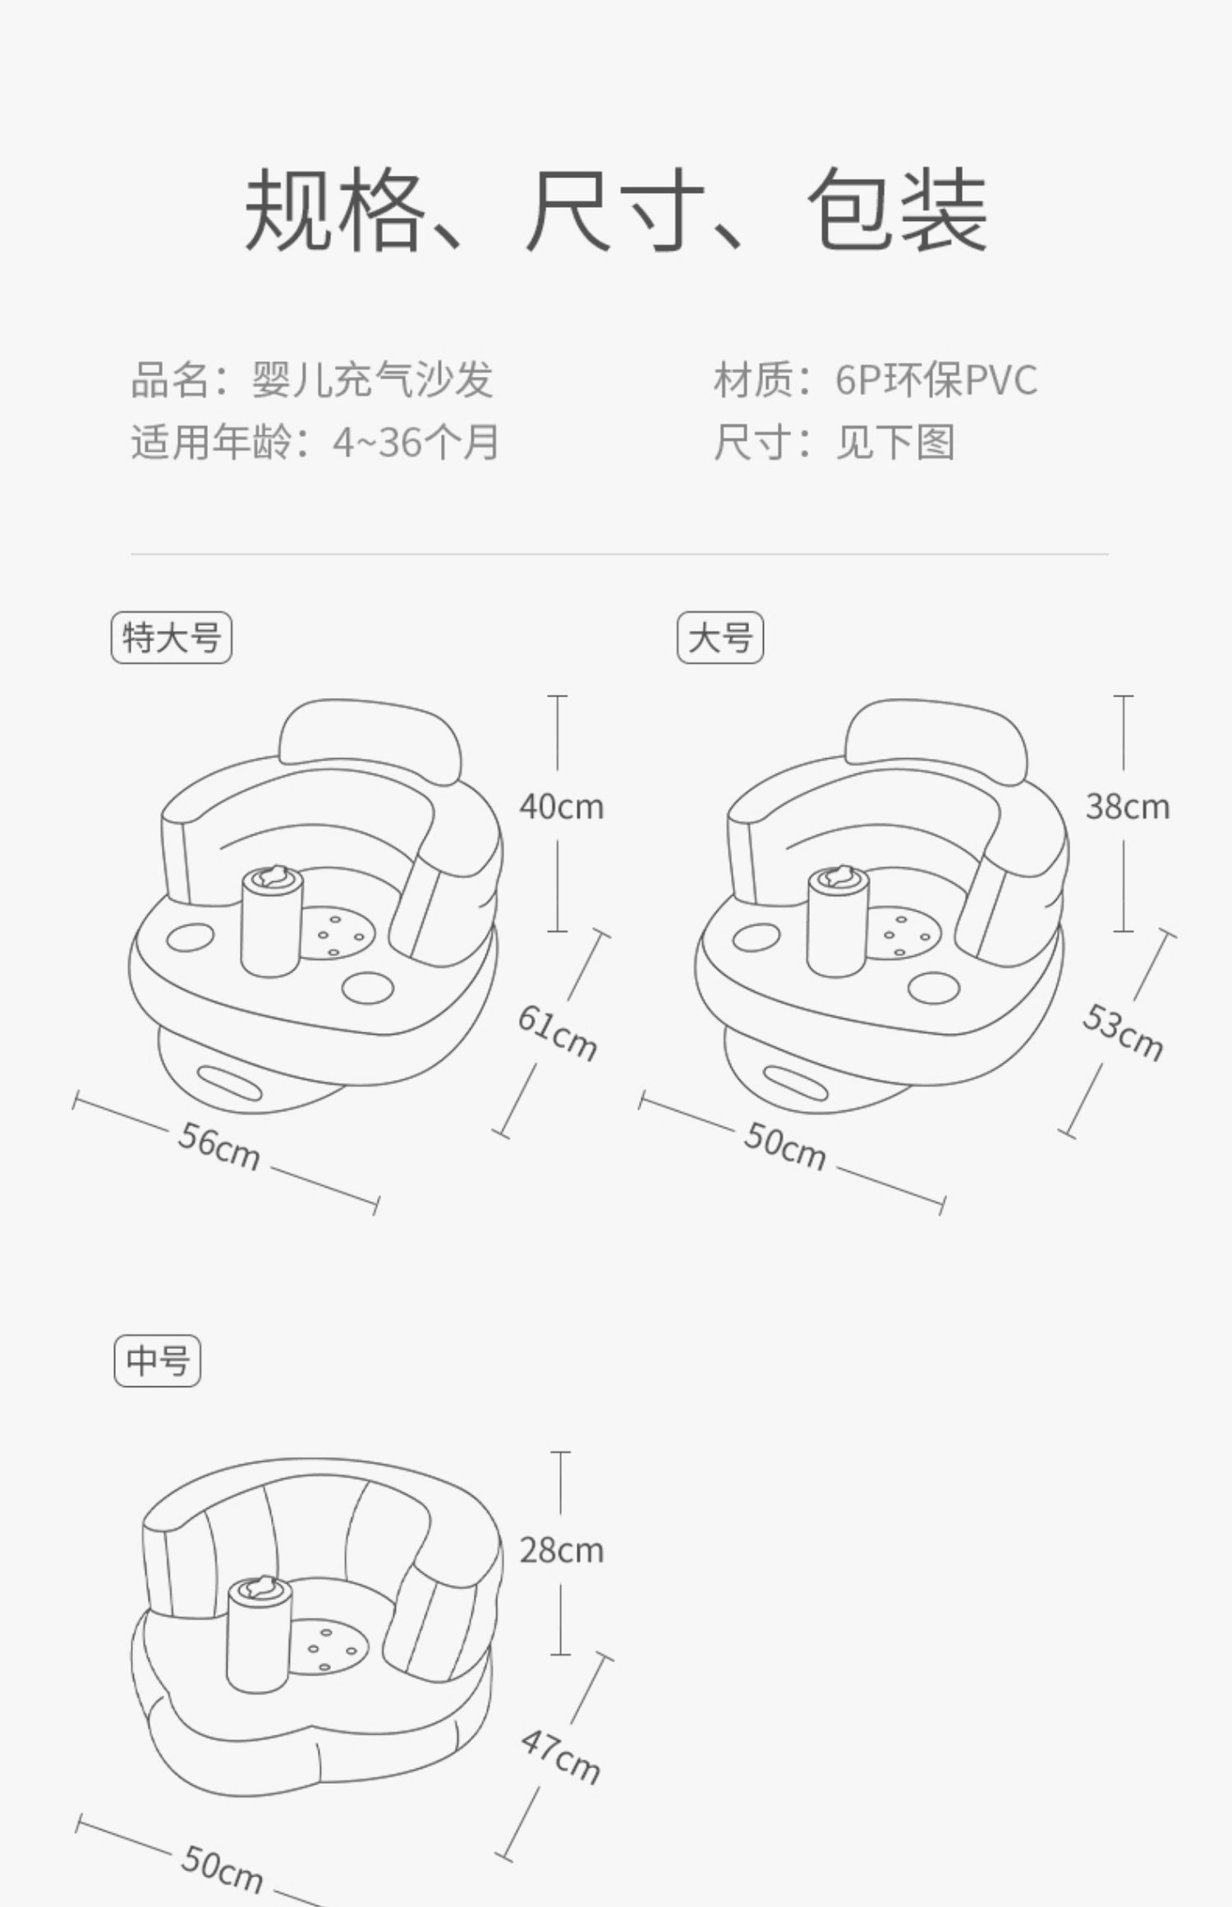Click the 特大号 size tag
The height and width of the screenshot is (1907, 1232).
(x=171, y=637)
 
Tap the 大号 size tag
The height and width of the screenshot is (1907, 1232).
(x=719, y=637)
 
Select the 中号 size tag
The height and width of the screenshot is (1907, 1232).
(x=157, y=1361)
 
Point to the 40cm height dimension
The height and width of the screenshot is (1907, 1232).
(x=561, y=806)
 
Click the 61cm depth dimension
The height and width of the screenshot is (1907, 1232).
(x=558, y=1033)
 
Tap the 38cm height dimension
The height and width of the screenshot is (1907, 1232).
(x=1127, y=806)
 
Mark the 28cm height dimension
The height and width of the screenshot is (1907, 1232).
(x=561, y=1551)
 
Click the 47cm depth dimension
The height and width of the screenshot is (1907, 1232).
(x=560, y=1756)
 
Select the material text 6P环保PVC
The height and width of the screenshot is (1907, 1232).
(x=936, y=380)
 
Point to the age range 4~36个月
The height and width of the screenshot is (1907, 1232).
(x=416, y=443)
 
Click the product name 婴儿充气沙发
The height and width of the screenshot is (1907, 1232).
(x=372, y=380)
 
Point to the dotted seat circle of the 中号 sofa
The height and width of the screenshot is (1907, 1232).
(x=328, y=1647)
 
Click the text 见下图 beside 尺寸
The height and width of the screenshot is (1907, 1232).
(x=894, y=443)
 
